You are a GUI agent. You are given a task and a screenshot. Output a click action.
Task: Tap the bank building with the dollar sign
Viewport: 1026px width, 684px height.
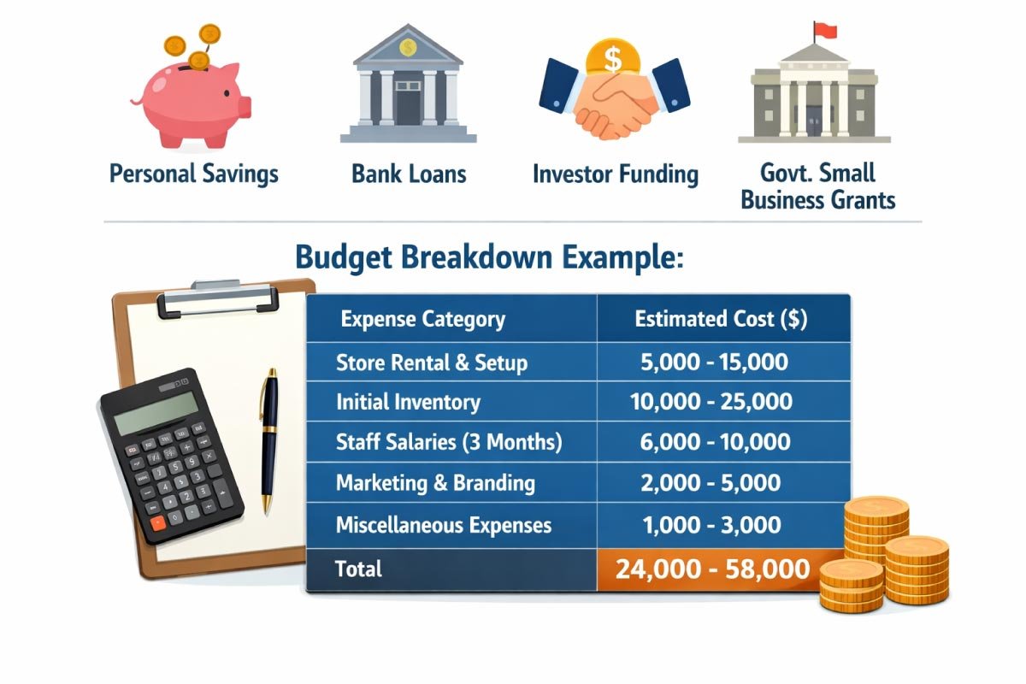click(x=408, y=90)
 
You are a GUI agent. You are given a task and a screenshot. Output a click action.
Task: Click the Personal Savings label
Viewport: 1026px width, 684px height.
click(x=194, y=174)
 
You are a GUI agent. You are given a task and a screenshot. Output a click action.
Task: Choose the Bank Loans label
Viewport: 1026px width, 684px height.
click(x=409, y=174)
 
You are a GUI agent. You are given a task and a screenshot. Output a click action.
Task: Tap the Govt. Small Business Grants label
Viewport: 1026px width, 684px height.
click(x=817, y=187)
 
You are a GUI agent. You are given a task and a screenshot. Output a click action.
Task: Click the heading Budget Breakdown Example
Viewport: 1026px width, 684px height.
click(x=489, y=257)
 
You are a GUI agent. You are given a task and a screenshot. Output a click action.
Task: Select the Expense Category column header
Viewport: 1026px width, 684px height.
click(x=422, y=320)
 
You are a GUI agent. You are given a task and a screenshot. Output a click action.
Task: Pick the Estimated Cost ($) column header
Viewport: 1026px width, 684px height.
click(x=721, y=320)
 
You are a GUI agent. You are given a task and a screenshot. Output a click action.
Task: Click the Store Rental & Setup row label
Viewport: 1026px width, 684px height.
click(x=432, y=362)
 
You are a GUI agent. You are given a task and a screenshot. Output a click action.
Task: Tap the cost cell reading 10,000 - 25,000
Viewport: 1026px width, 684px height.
click(x=711, y=402)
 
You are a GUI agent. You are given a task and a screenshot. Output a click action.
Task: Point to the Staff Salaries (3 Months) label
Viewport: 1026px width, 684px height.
click(x=449, y=443)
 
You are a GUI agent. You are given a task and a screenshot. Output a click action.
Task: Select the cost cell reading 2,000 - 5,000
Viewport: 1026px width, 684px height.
click(x=711, y=483)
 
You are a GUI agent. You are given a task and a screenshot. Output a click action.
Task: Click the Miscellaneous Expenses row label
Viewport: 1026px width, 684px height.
click(x=444, y=524)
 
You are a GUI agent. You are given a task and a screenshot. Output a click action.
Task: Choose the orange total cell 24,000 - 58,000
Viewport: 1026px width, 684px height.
click(x=712, y=569)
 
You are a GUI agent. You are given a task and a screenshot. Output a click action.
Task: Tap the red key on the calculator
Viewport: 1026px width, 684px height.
click(x=156, y=522)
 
